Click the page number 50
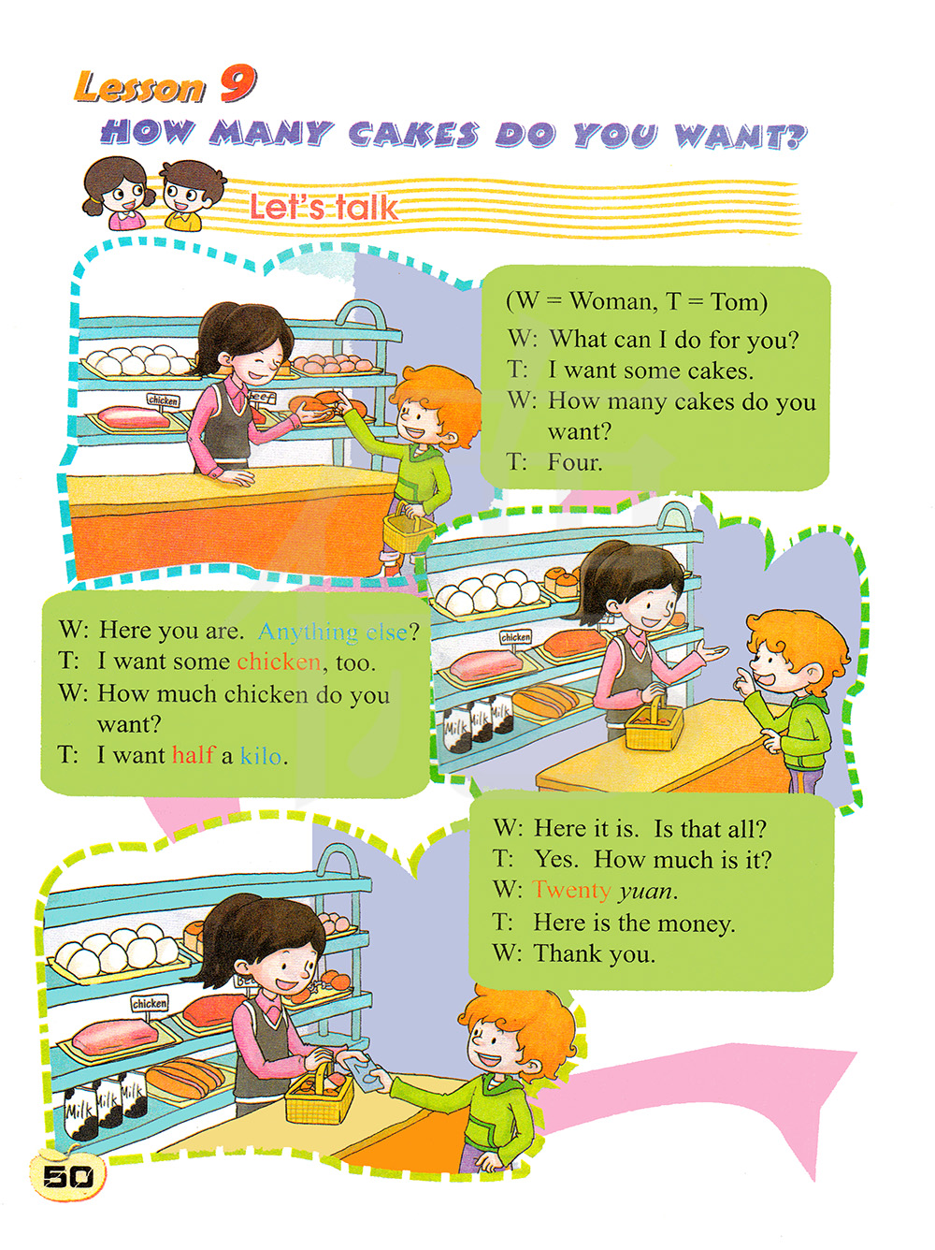[x=67, y=1175]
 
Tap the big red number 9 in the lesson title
[x=237, y=85]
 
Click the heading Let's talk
[x=324, y=208]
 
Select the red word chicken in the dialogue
[x=279, y=661]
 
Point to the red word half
[x=194, y=754]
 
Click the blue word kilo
[x=261, y=756]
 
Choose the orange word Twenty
[x=571, y=891]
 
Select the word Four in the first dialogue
[x=574, y=462]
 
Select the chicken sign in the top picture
[x=164, y=400]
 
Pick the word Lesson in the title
[x=139, y=87]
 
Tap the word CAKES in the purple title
[x=413, y=135]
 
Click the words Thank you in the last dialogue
[x=595, y=953]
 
